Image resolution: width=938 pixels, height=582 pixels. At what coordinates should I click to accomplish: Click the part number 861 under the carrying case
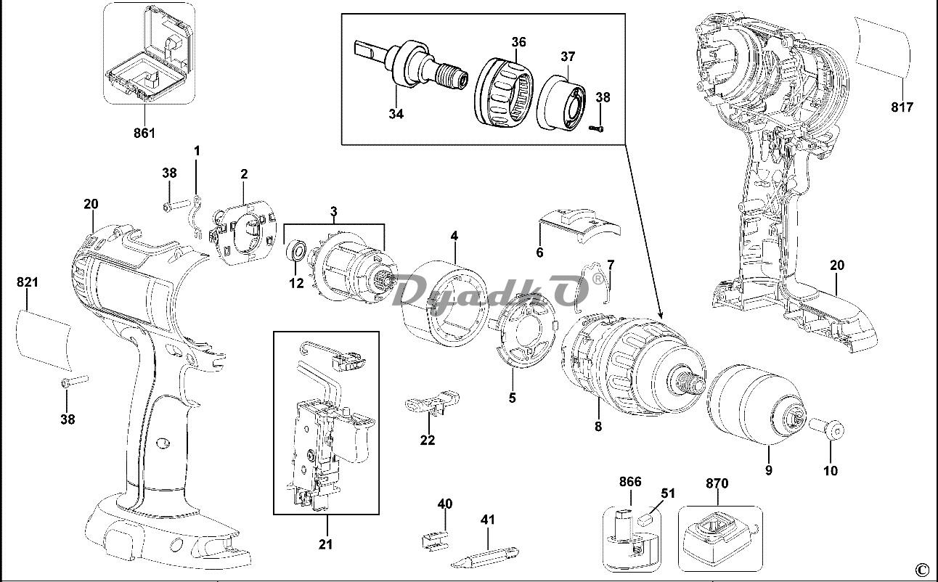coord(144,133)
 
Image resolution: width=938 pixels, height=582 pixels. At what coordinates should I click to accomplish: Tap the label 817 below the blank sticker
coord(902,107)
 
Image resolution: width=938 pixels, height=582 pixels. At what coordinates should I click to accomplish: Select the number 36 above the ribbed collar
coord(518,42)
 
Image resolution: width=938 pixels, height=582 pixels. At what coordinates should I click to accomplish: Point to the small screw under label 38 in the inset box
coord(597,128)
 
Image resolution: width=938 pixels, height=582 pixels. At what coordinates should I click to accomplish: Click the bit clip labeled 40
coord(435,539)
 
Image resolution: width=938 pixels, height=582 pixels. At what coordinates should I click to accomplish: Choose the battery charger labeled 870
coord(720,539)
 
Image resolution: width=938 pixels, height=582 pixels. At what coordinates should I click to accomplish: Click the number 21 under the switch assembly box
coord(325,544)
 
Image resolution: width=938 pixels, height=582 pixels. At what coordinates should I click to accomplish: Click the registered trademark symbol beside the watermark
coord(598,279)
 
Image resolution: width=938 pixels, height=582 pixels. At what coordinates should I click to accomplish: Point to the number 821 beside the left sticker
coord(28,282)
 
